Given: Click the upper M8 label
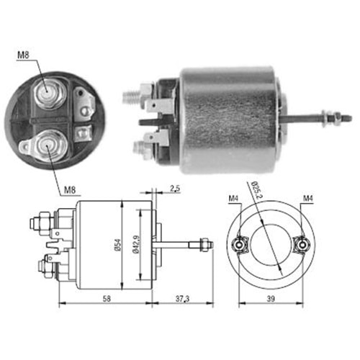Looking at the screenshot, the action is pyautogui.click(x=23, y=55).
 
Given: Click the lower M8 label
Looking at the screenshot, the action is pyautogui.click(x=70, y=190).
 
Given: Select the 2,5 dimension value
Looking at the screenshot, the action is pyautogui.click(x=175, y=189).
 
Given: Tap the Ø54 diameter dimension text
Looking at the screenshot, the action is pyautogui.click(x=118, y=245).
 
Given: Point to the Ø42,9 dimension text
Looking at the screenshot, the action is pyautogui.click(x=136, y=245).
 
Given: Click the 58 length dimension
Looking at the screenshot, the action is pyautogui.click(x=107, y=299).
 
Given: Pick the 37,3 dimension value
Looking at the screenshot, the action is pyautogui.click(x=182, y=299).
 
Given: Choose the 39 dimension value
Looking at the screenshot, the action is pyautogui.click(x=271, y=299).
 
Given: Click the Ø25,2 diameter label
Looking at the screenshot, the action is pyautogui.click(x=257, y=190).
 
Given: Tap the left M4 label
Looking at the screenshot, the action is pyautogui.click(x=233, y=199).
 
